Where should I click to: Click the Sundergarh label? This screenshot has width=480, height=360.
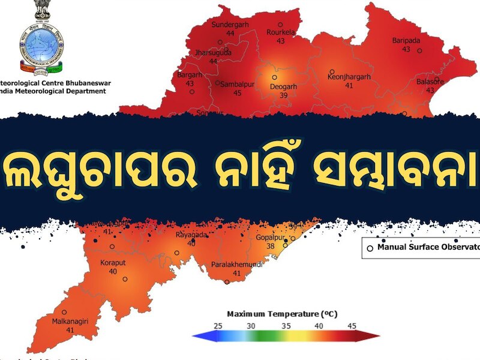(x=230, y=25)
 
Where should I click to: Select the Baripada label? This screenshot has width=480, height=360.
(x=406, y=41)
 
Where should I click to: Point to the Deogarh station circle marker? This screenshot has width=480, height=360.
(x=274, y=77)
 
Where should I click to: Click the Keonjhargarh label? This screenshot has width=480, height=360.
(x=349, y=77)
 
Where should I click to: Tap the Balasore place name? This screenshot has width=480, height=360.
(x=430, y=82)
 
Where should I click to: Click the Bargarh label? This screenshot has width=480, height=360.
(x=190, y=76)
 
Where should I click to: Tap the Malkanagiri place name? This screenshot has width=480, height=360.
(x=70, y=322)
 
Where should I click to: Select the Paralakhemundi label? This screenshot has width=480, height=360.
(x=236, y=265)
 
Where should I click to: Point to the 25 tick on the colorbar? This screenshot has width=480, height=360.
(x=218, y=326)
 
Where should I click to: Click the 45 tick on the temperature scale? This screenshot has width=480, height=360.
(x=352, y=326)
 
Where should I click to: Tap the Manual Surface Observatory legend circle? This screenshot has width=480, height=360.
(x=370, y=247)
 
